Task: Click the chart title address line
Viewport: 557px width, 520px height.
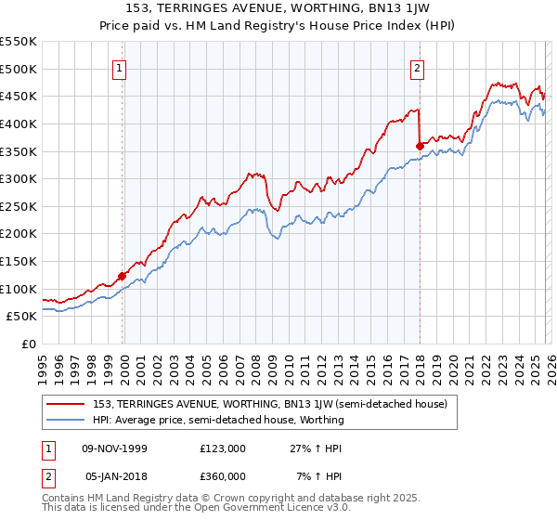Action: pos(278,8)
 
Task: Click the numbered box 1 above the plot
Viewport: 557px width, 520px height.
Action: pos(122,67)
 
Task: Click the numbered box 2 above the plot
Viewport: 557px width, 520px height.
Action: pos(418,67)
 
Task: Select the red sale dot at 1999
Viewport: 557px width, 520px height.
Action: pos(122,276)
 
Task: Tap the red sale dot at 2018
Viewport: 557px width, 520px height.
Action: pos(420,146)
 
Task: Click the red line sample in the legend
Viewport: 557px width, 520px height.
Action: pos(66,405)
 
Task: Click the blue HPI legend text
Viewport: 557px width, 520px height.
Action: pos(218,420)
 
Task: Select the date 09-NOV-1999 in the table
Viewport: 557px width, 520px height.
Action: pos(115,448)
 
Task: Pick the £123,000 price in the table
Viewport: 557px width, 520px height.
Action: pos(222,448)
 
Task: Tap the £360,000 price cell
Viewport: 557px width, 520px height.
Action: pos(222,475)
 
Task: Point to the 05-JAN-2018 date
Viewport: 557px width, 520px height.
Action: pos(115,475)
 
